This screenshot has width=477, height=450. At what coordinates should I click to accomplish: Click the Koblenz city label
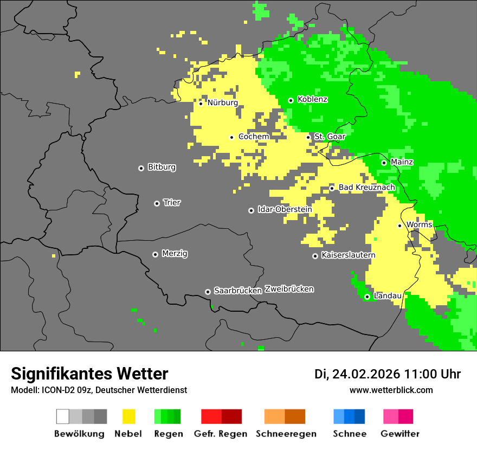(312, 100)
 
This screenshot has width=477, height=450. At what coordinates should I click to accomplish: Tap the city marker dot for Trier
(157, 203)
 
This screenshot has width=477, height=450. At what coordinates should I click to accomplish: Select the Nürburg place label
(222, 102)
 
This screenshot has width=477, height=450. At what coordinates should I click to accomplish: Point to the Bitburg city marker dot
(141, 168)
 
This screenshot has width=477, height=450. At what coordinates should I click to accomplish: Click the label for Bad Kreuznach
(366, 188)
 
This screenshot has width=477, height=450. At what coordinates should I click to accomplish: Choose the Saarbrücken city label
(238, 291)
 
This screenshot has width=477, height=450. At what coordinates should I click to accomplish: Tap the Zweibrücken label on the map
(289, 289)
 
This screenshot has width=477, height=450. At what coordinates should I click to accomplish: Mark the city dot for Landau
(367, 297)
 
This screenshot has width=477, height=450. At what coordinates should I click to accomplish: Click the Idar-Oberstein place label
(285, 209)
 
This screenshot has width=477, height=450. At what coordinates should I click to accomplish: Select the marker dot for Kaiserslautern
(315, 256)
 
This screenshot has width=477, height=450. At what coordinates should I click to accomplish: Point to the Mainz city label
(402, 162)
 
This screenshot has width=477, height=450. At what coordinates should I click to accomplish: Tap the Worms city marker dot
(399, 226)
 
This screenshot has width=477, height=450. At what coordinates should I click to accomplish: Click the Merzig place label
(175, 254)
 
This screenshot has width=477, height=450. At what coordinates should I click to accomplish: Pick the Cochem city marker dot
(231, 137)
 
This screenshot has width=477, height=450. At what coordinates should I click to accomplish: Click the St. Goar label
(330, 137)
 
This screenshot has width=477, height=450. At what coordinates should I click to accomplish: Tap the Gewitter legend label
(399, 434)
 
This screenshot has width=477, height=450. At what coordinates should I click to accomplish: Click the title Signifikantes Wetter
(89, 374)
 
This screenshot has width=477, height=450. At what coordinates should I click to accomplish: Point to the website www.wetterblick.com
(391, 390)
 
